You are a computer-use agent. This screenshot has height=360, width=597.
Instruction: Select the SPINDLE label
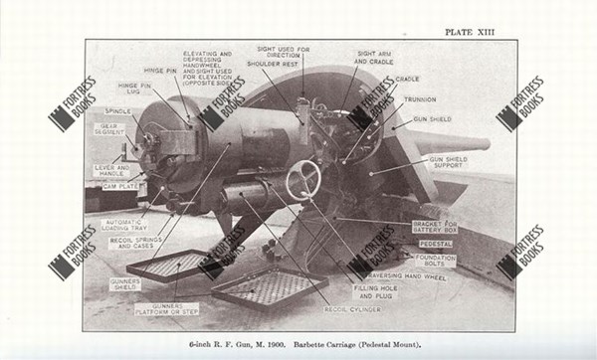coord(118,110)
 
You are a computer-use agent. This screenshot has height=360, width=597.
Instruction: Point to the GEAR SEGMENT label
coord(109,129)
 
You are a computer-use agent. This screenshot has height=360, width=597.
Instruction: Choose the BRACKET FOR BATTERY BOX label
coord(435,227)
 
